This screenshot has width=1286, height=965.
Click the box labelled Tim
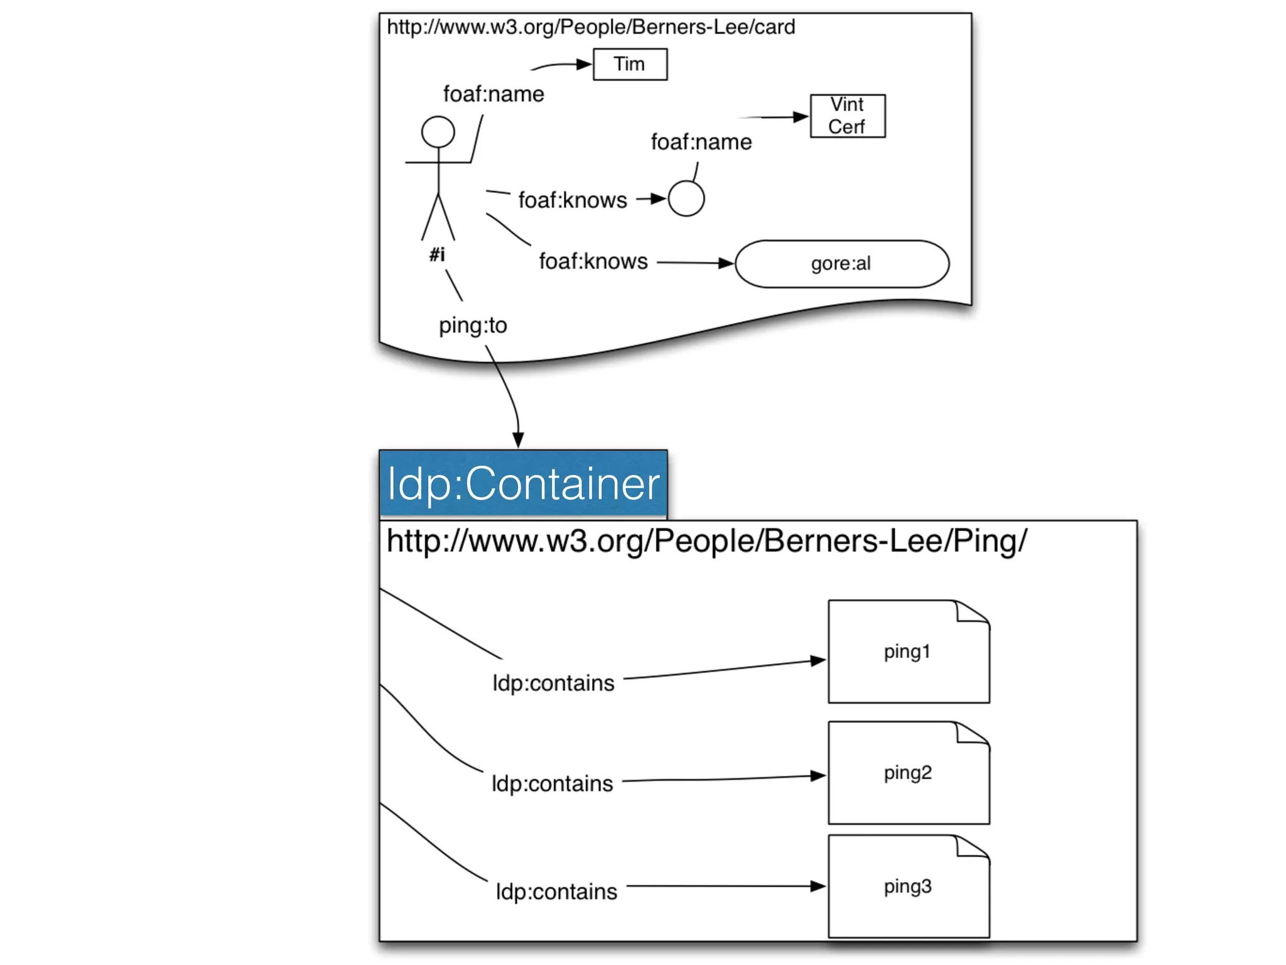[630, 64]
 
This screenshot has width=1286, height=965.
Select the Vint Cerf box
[847, 116]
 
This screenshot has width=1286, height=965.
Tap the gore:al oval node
[841, 264]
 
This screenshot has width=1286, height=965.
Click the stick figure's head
[438, 132]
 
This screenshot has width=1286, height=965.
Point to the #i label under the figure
[437, 254]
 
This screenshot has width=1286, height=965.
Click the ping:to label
[472, 325]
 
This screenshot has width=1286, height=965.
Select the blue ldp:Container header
[522, 484]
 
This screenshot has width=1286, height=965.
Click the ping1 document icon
[908, 652]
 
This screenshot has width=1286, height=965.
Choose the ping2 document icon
[908, 773]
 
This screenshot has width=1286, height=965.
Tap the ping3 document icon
[908, 886]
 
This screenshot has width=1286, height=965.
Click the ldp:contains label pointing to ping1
[553, 683]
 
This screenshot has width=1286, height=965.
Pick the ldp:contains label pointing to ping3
[556, 891]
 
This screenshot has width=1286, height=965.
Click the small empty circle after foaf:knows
[686, 199]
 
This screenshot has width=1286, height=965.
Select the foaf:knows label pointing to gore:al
[593, 261]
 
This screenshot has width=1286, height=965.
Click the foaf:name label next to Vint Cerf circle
[701, 142]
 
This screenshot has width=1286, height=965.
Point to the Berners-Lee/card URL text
[590, 27]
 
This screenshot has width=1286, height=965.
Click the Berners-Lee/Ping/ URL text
[706, 541]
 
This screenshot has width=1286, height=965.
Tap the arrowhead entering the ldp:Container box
[518, 440]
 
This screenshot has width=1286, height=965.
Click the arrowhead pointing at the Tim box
[584, 64]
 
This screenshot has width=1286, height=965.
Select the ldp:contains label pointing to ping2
[552, 783]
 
